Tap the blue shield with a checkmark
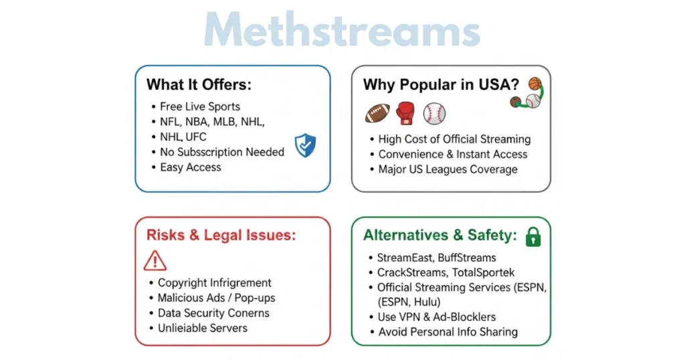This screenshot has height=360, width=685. (305, 145)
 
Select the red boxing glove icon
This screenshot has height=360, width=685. (405, 112)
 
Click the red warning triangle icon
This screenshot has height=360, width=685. (155, 260)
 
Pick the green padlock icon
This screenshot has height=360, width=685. (533, 236)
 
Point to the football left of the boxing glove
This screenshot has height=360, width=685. (377, 113)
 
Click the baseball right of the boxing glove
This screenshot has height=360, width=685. (433, 112)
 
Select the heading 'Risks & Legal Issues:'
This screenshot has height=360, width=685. (221, 235)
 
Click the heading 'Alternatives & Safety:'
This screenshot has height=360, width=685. (440, 235)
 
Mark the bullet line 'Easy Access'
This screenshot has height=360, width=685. (190, 167)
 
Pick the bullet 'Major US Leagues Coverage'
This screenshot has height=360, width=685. (448, 169)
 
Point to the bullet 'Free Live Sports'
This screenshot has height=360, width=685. (199, 106)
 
